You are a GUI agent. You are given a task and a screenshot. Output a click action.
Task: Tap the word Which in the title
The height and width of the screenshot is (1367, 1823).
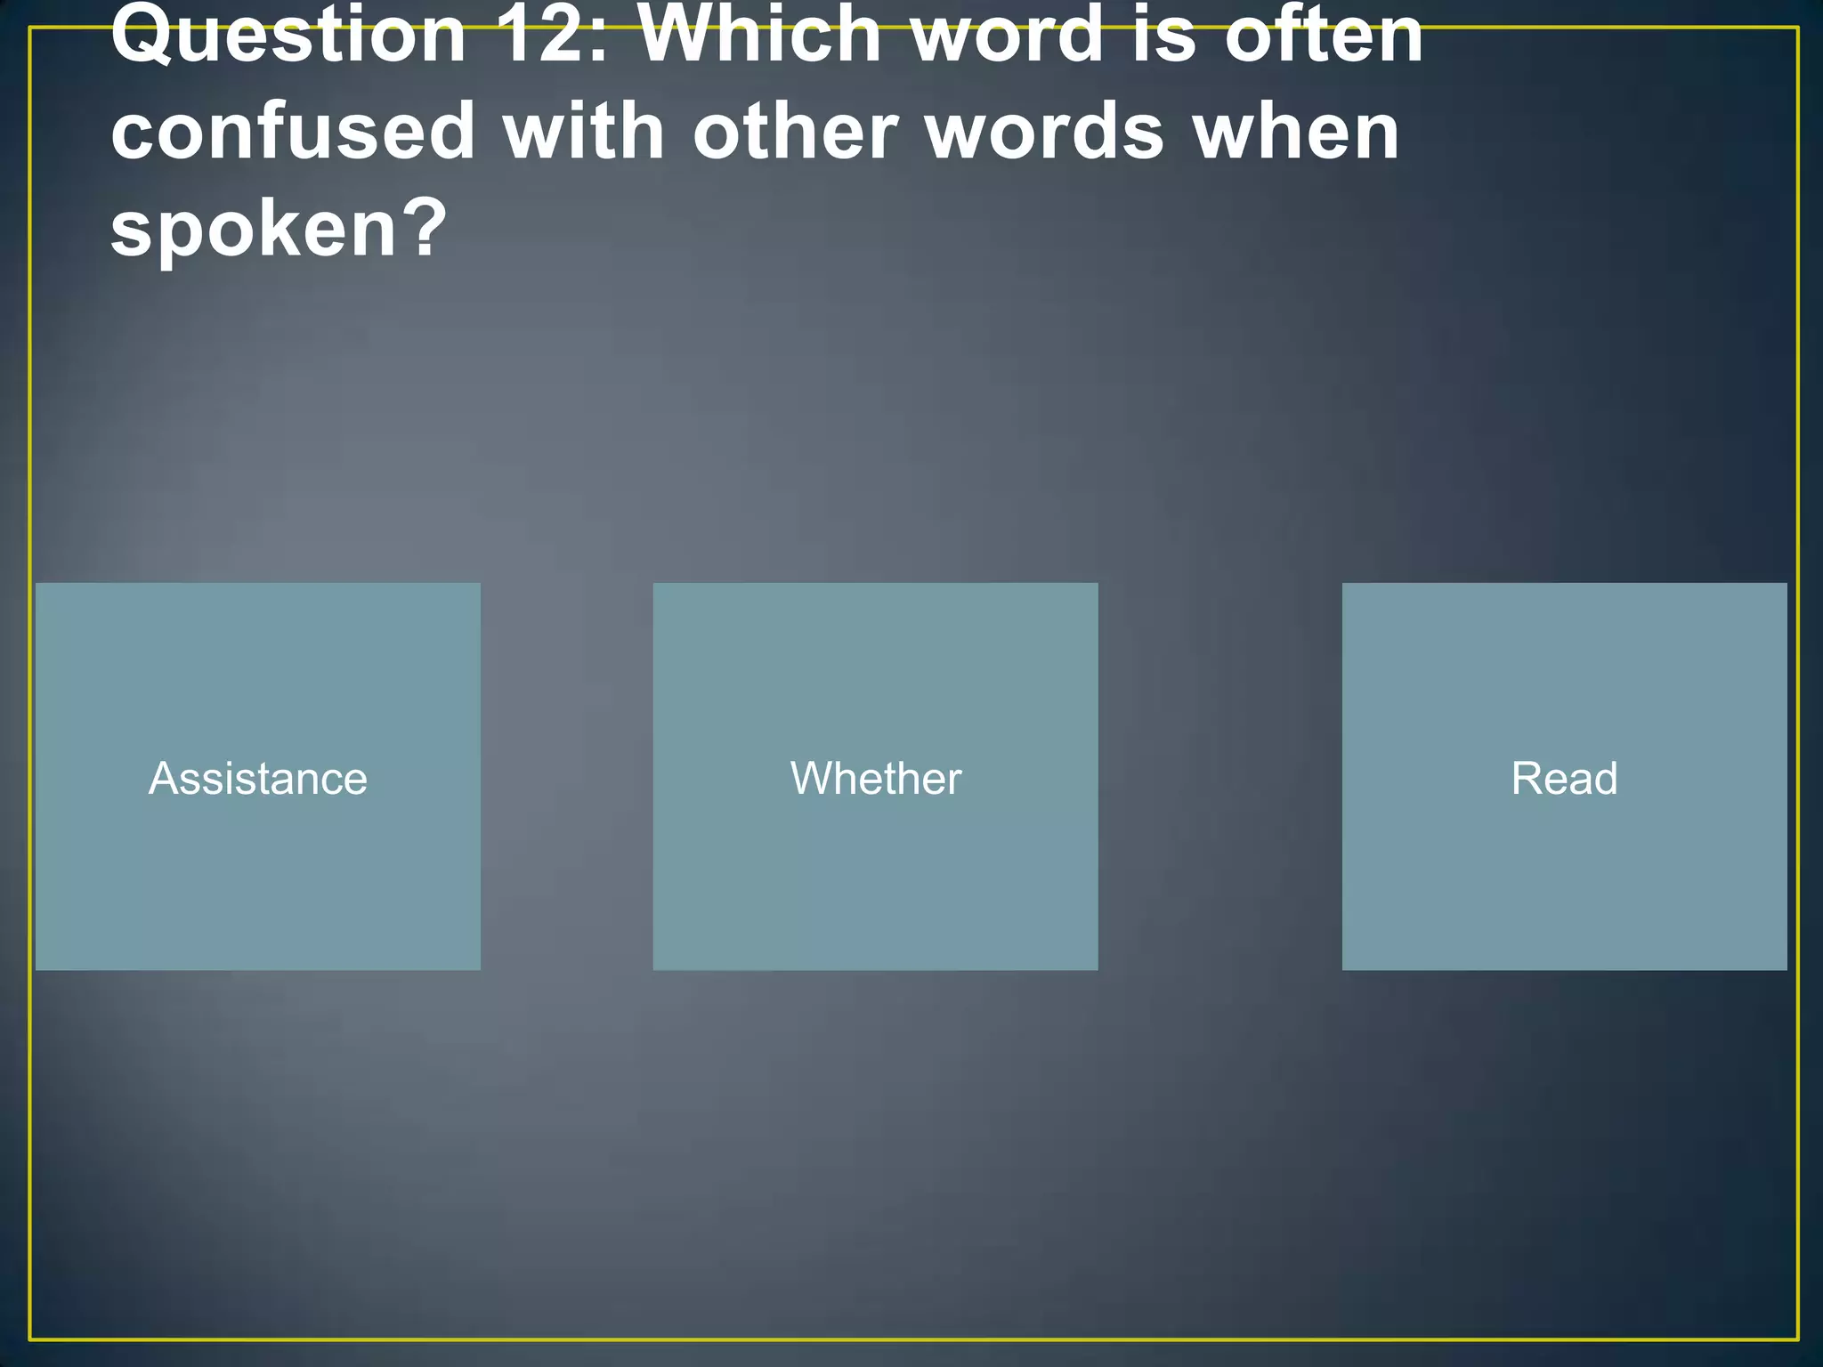pos(761,36)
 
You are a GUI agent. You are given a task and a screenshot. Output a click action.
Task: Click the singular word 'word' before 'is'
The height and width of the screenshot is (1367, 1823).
pos(1009,36)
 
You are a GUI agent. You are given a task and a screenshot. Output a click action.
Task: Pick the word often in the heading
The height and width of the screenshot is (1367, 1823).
pos(1325,36)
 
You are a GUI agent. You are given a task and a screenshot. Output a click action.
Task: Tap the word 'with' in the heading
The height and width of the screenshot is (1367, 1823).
pos(584,132)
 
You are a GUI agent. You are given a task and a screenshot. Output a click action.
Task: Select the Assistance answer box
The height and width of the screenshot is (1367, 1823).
pos(258,776)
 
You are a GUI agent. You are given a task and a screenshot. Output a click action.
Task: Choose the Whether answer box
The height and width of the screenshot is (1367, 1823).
pos(875,776)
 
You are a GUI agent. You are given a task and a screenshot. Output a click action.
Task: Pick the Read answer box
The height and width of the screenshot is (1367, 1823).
pos(1564,776)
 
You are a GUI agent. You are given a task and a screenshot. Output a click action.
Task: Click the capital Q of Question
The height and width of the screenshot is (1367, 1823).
pos(142,36)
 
